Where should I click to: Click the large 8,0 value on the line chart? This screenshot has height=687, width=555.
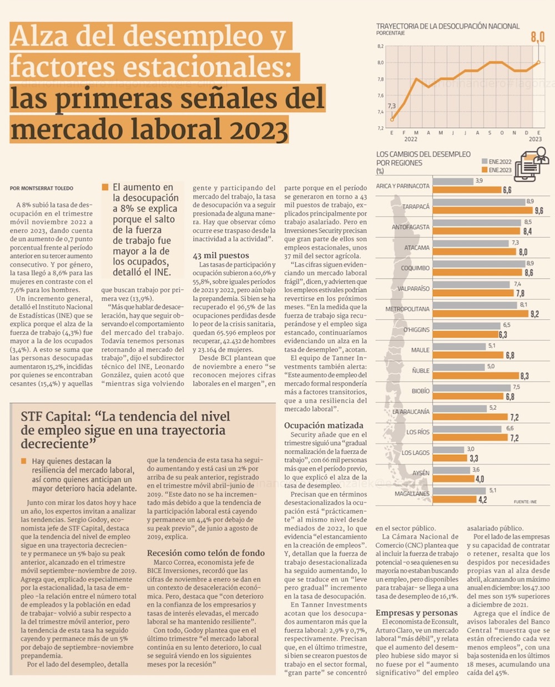(537, 37)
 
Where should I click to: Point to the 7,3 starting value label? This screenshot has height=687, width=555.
(392, 106)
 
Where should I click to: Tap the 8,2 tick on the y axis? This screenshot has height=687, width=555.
(380, 46)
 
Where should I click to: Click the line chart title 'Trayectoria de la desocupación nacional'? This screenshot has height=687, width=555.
(448, 26)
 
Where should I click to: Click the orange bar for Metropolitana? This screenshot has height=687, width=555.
(480, 314)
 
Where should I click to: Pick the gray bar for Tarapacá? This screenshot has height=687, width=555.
(478, 202)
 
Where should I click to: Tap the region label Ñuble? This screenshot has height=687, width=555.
(421, 370)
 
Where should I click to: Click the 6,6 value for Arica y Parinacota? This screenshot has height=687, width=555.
(507, 190)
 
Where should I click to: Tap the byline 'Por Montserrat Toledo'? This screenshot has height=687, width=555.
(42, 188)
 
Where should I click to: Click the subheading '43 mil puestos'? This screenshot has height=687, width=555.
(221, 255)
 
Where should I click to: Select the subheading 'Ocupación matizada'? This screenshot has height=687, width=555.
(324, 425)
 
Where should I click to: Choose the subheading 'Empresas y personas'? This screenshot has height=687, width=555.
(416, 613)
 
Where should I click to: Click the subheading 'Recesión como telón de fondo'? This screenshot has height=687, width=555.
(205, 553)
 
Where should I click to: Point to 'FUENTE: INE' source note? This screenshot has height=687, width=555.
(525, 502)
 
